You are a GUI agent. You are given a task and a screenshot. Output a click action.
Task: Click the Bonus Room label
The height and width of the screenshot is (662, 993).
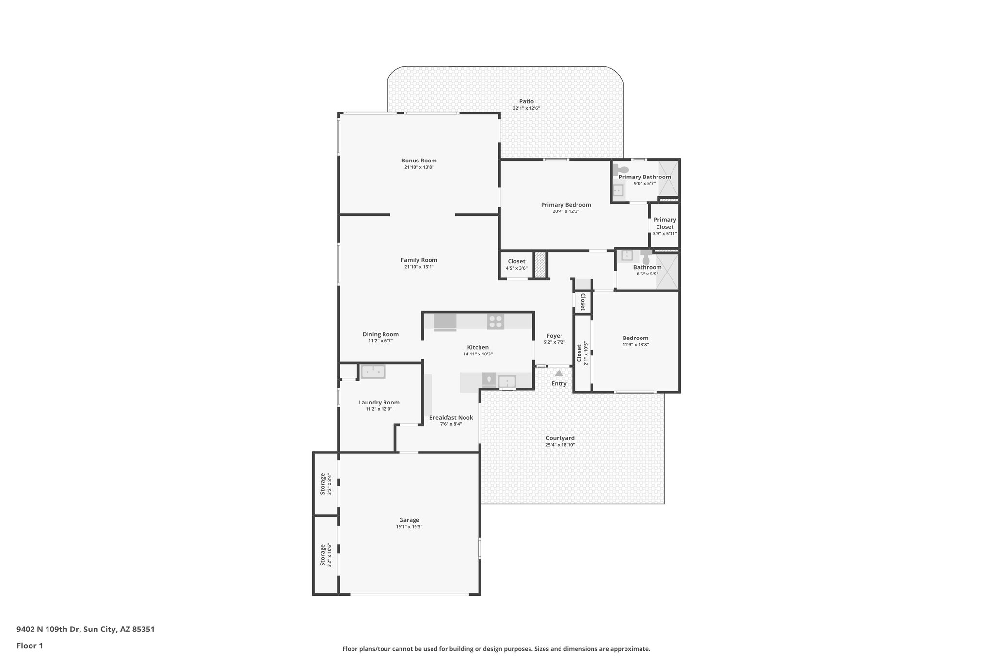(418, 161)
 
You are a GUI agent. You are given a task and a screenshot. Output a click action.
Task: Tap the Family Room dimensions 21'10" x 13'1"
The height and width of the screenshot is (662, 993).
(418, 267)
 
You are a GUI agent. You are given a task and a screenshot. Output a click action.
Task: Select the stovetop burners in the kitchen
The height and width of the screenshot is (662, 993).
(495, 322)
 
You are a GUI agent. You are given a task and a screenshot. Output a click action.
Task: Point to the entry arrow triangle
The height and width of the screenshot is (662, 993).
(559, 373)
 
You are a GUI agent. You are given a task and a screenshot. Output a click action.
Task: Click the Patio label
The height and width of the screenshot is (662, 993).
(526, 101)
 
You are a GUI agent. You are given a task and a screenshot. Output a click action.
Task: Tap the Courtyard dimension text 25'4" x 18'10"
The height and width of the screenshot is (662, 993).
(560, 445)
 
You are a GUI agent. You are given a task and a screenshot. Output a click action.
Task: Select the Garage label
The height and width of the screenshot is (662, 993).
(409, 520)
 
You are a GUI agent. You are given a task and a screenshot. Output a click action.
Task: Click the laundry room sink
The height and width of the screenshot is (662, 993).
(373, 371)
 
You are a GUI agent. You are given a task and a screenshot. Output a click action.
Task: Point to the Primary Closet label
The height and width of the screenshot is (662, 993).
(664, 223)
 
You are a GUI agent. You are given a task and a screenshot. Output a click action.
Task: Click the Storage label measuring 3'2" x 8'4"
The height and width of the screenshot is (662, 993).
(323, 484)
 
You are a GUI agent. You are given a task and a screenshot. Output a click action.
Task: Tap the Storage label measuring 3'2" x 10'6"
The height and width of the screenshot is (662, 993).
(323, 555)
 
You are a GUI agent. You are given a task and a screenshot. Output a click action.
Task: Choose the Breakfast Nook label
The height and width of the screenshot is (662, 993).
(451, 417)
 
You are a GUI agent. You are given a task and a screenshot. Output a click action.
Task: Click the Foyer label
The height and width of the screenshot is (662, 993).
(554, 336)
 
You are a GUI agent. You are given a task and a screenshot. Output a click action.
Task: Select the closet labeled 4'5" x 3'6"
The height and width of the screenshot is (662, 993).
(516, 264)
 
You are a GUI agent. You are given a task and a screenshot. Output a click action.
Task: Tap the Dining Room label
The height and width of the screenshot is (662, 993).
(380, 334)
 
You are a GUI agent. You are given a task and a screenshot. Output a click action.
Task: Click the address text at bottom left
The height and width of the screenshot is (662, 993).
(85, 629)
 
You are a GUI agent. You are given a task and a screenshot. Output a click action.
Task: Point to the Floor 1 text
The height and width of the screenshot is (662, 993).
(30, 646)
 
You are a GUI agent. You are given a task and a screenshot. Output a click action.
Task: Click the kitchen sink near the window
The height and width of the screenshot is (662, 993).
(507, 381)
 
